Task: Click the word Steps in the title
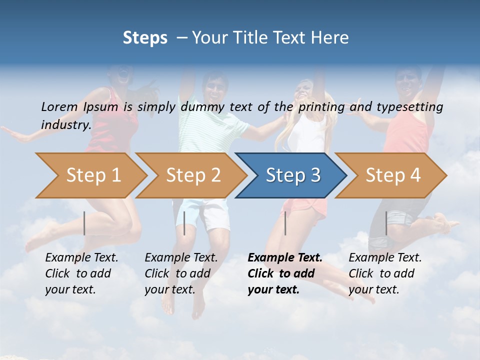[x=145, y=38]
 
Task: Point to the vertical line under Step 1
[x=84, y=223]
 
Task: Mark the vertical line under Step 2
[x=184, y=223]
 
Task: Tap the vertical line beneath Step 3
[x=285, y=223]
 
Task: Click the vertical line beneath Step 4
[x=386, y=223]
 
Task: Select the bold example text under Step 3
[x=284, y=273]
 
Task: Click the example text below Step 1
[x=81, y=273]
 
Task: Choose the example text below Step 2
[x=180, y=273]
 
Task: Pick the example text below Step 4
[x=384, y=273]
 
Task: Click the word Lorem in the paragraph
[x=59, y=106]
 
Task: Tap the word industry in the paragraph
[x=65, y=124]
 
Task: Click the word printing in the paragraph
[x=321, y=106]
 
